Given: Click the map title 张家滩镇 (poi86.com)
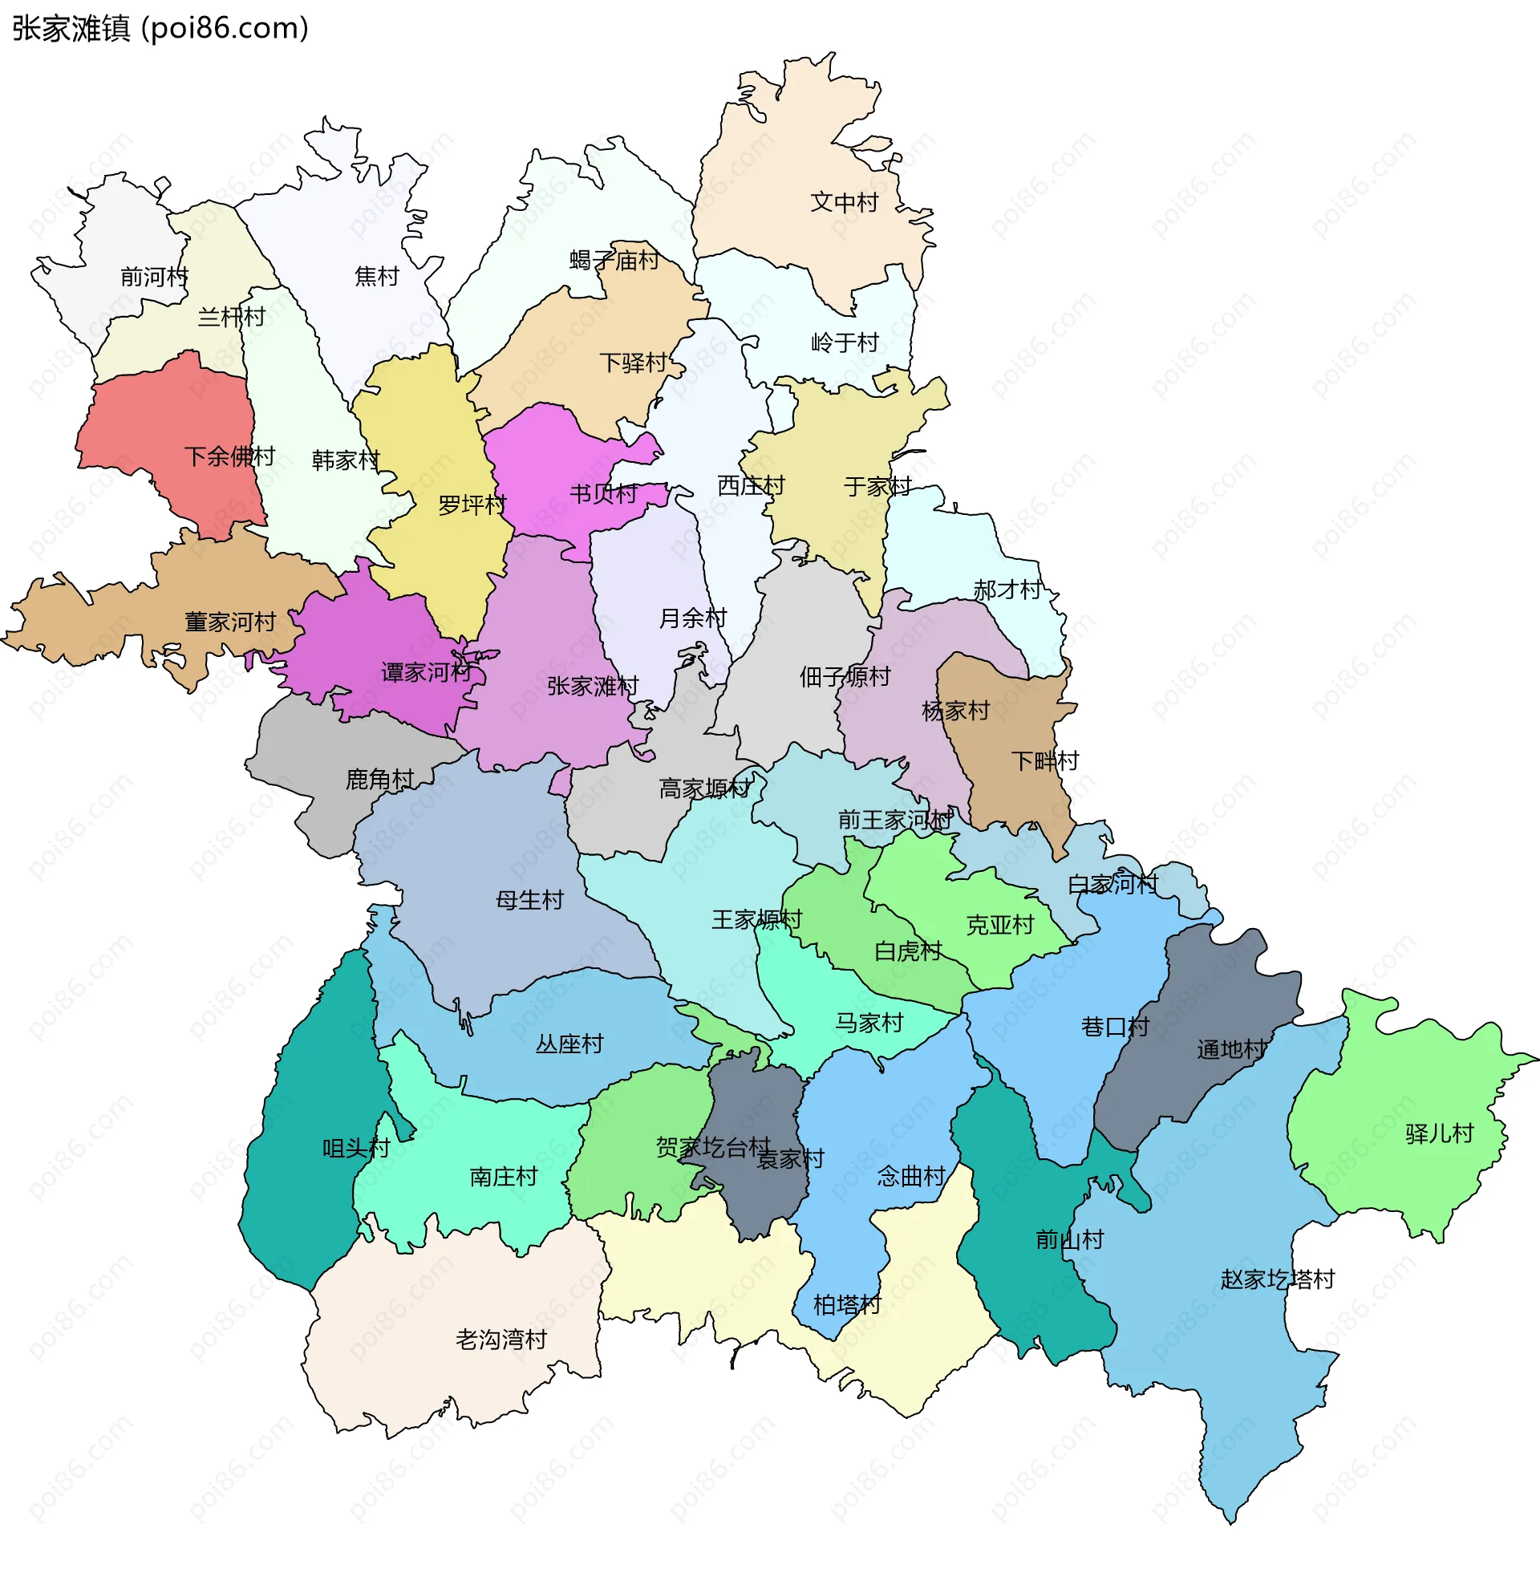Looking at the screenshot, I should pos(160,28).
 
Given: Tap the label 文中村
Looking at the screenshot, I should pos(844,202).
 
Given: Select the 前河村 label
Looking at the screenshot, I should pos(154,278).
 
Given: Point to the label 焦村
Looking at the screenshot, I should pos(377,277).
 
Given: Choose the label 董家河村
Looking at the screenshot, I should pos(230,622).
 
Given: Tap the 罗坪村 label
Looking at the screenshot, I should pos(472,505).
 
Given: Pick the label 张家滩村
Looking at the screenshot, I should pos(593,687).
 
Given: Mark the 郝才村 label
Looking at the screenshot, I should pos(1007,590).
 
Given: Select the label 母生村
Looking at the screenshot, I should pos(530,900).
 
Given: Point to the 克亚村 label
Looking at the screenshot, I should pos(1000,925).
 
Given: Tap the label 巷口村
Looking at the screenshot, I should pos(1115,1028).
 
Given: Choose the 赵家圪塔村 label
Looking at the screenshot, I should pos(1277,1280).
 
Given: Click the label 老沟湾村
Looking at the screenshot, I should pos(501,1340).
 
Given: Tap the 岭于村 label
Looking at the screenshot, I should pos(845,343).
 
